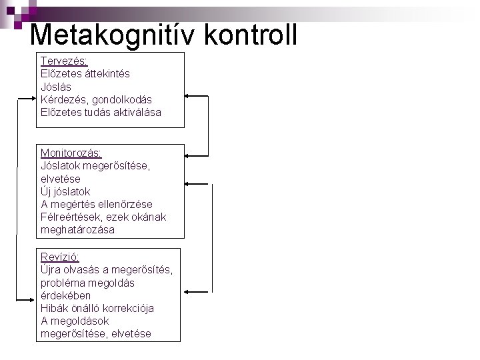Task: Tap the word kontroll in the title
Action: pos(252,35)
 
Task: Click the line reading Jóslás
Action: pos(56,87)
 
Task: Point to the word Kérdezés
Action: pos(61,99)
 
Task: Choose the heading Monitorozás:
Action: pos(71,153)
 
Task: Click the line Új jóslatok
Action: pos(65,191)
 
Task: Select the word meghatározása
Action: pos(77,229)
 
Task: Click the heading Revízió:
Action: pos(59,257)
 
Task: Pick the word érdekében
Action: pos(65,295)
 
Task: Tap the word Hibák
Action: pos(54,308)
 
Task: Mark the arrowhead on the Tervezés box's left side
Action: pos(33,98)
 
